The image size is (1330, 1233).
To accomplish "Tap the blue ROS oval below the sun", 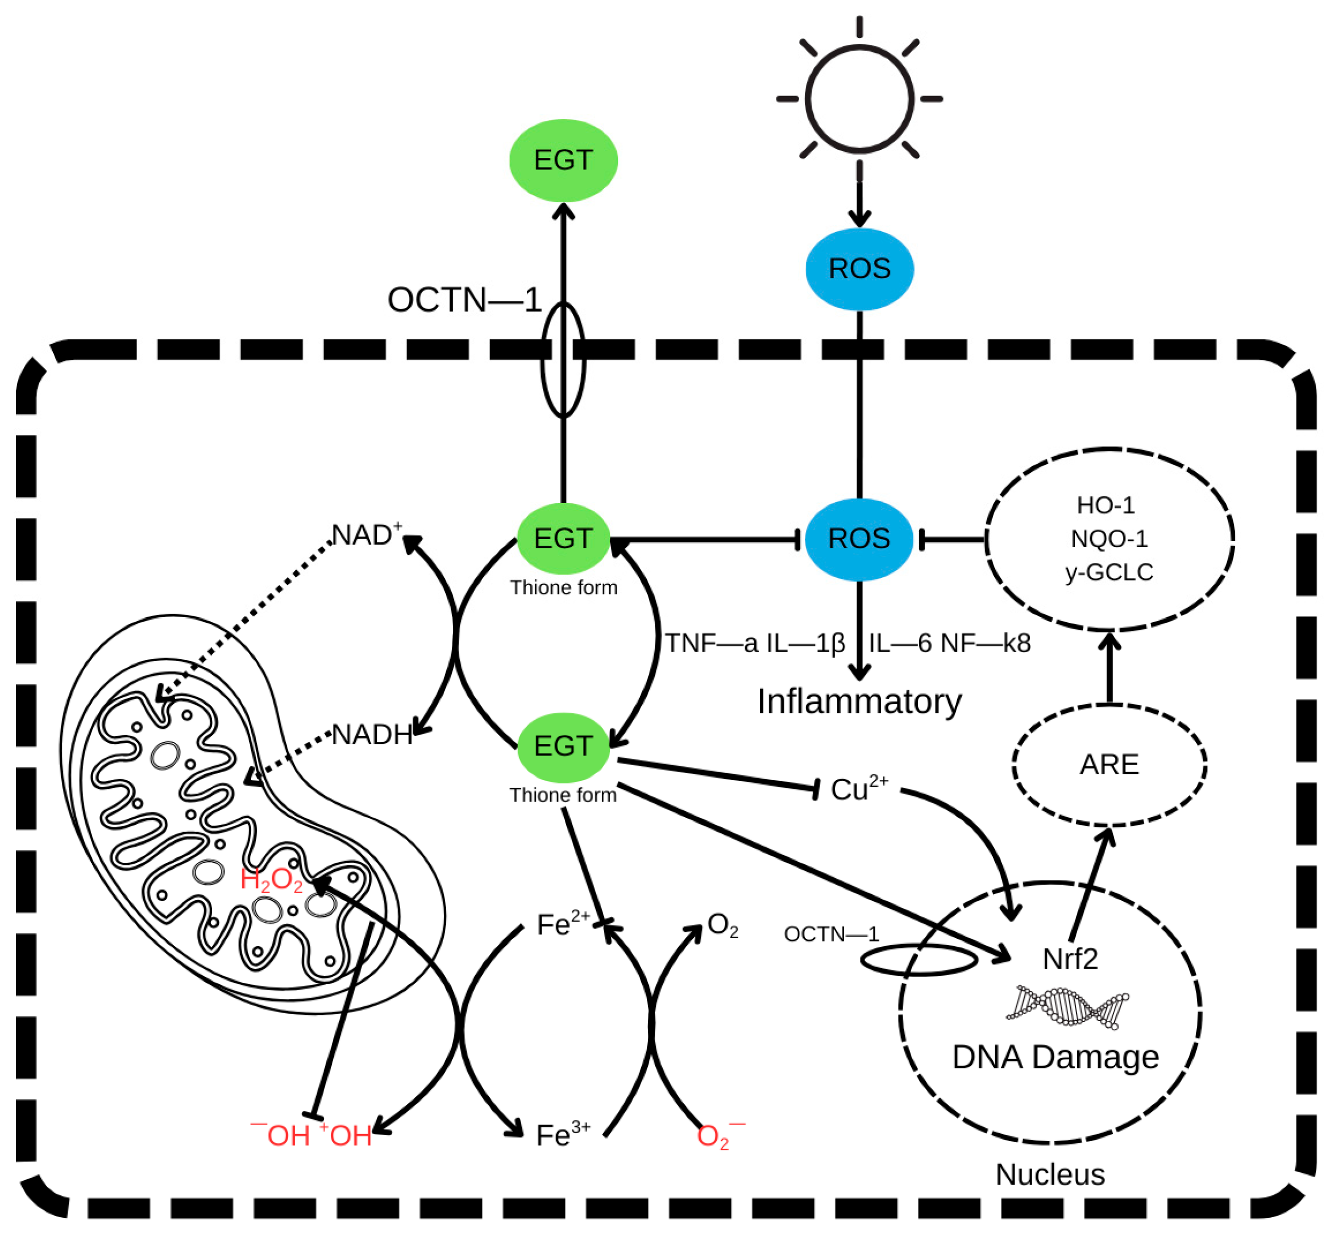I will point(859,269).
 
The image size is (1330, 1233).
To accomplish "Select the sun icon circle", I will point(859,99).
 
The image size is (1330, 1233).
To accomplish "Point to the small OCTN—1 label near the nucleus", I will point(831,934).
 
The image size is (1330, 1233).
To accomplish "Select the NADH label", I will point(372,734).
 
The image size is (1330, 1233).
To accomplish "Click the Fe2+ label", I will point(562,925).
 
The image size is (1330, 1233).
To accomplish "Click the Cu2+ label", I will point(858,789).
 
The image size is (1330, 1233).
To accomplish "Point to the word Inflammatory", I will point(859,702).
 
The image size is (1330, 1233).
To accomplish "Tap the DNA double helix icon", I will point(1068,1006).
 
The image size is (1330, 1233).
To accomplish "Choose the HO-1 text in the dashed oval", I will point(1105,505).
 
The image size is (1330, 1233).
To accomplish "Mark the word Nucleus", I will point(1050,1175).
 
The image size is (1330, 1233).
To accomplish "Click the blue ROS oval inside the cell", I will point(859,538).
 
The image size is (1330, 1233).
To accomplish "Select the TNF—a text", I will point(711,643).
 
